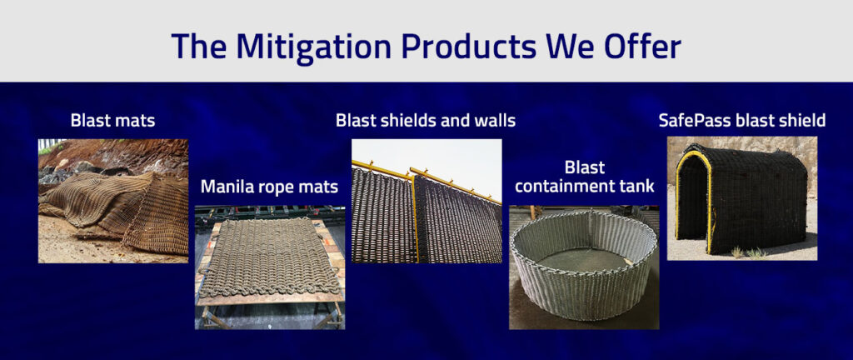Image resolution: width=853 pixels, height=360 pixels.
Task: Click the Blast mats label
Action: click(112, 121)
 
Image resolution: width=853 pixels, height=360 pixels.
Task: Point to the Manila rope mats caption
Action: click(269, 187)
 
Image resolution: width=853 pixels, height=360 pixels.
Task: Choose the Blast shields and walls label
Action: click(426, 121)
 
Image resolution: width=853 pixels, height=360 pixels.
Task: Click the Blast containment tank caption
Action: click(583, 177)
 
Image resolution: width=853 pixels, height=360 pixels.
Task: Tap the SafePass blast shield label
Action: click(741, 121)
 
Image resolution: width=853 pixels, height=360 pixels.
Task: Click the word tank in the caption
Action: click(636, 187)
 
